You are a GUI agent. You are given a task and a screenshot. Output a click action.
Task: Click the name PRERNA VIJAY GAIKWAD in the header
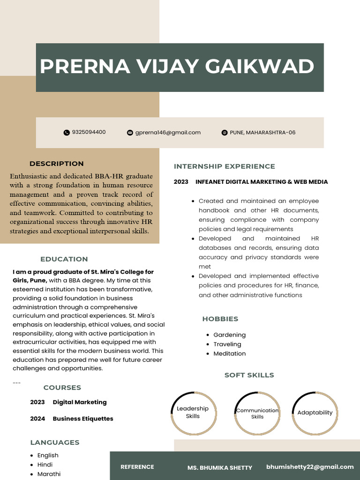177,67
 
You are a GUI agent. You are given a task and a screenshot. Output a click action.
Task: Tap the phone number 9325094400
89,132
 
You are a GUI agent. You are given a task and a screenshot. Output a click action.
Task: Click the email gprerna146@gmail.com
168,133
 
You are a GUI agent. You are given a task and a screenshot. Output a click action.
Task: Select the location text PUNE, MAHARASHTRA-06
262,133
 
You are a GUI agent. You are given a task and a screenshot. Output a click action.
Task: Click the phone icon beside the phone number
66,133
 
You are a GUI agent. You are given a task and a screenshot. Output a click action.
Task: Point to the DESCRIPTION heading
57,164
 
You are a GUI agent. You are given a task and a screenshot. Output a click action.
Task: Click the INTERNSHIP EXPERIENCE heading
225,166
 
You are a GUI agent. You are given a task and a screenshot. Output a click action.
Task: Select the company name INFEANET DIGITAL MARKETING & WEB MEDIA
262,182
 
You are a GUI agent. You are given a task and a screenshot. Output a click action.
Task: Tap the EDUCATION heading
64,259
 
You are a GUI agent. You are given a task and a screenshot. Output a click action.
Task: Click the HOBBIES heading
220,319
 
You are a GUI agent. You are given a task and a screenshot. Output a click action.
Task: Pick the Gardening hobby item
229,335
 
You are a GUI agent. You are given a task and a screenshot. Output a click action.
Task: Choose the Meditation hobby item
229,354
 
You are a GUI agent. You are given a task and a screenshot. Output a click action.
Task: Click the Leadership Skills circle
193,412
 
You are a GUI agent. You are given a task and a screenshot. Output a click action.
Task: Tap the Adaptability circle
315,412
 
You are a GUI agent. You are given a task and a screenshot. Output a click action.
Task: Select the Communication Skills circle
257,413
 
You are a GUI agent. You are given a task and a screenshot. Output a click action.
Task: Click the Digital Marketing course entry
79,402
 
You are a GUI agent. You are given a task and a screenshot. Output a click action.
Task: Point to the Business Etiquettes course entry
82,419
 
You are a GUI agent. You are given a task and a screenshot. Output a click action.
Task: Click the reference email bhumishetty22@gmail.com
310,467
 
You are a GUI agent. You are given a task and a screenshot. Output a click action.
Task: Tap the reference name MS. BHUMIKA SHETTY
220,468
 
